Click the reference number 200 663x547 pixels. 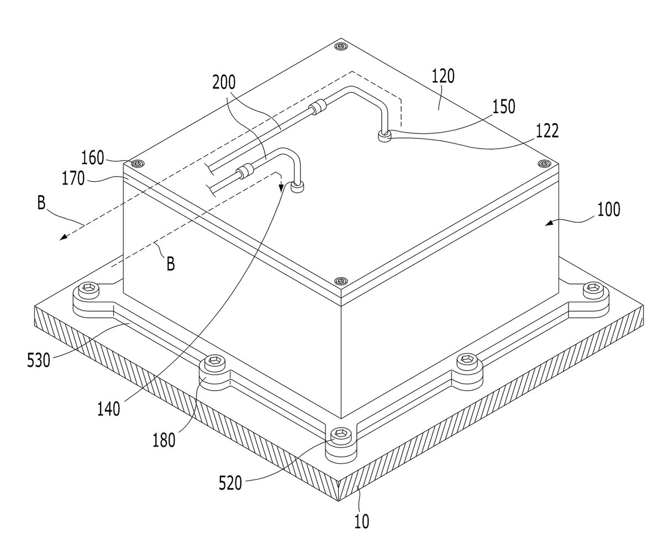[x=224, y=82]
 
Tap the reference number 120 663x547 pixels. [x=443, y=76]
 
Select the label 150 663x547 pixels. [x=503, y=107]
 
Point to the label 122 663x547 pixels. [x=547, y=131]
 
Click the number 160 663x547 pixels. [x=93, y=158]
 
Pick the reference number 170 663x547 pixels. [x=73, y=178]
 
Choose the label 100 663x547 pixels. [x=609, y=209]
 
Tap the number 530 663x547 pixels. [x=39, y=361]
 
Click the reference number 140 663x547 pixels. [x=109, y=409]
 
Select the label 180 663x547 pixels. [x=164, y=440]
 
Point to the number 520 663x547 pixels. [x=230, y=483]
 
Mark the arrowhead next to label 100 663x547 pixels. [x=550, y=223]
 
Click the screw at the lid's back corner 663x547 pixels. [x=341, y=47]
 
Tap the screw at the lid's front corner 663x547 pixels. [x=340, y=281]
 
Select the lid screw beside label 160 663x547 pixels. [x=138, y=164]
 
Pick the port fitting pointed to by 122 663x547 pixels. [x=385, y=136]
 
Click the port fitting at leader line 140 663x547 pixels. [x=298, y=187]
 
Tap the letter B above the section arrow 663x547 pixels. [x=41, y=203]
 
